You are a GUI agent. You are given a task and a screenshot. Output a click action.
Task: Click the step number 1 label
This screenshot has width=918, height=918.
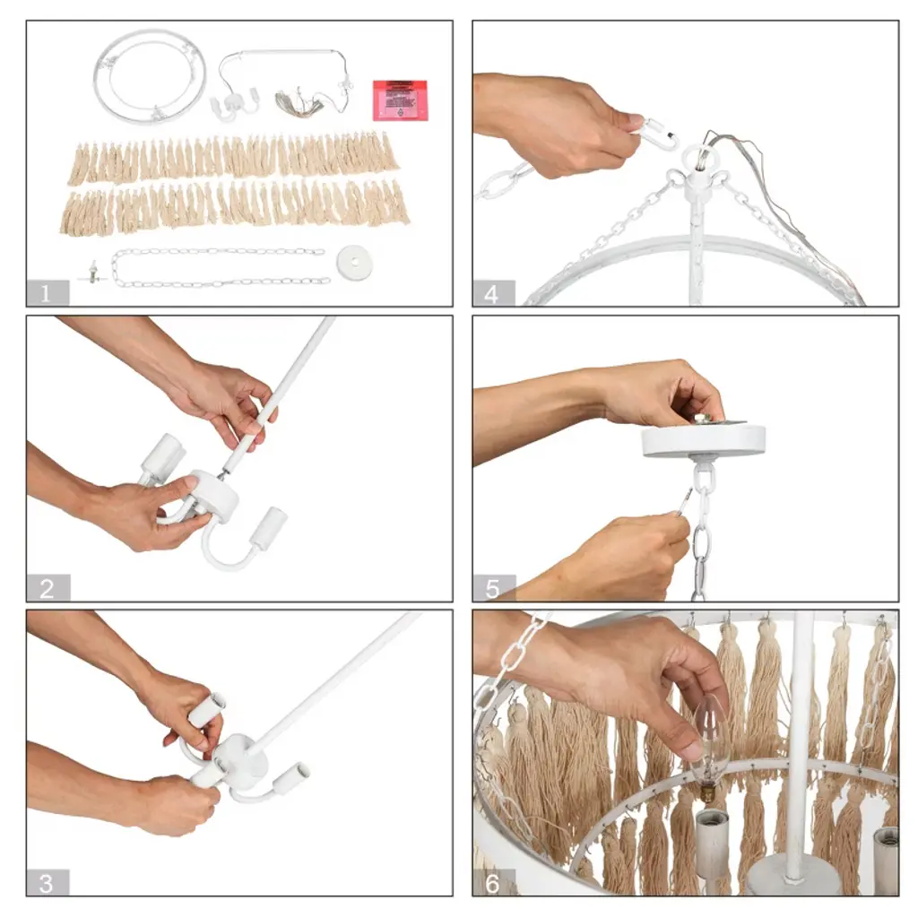[47, 292]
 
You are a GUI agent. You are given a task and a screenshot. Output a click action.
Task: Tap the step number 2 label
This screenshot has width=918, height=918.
[48, 588]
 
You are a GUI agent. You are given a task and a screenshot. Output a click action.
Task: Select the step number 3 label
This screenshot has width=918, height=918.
[47, 882]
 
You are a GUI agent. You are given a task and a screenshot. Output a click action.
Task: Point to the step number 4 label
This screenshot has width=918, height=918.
[493, 293]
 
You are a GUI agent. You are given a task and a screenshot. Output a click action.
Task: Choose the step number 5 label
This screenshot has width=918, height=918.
[493, 588]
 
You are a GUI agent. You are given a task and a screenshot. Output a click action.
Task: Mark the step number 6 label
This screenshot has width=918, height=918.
[493, 883]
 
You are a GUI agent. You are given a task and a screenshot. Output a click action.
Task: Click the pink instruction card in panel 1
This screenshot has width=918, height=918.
[401, 100]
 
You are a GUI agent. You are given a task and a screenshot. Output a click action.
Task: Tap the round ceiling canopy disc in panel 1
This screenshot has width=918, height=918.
[354, 258]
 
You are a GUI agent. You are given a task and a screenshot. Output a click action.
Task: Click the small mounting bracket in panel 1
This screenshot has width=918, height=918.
[92, 273]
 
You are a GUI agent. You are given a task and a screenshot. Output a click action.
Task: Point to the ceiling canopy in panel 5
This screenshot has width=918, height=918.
[703, 441]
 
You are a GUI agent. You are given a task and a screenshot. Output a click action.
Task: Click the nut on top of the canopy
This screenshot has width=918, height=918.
[706, 418]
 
